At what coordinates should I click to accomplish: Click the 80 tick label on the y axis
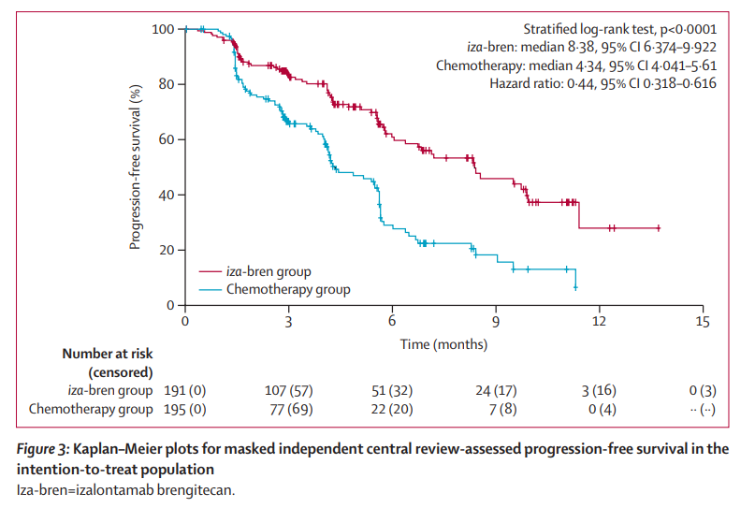point(166,84)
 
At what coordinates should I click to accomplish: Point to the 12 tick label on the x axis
point(600,322)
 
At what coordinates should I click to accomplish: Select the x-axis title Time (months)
point(443,343)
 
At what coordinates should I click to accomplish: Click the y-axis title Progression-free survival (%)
point(136,167)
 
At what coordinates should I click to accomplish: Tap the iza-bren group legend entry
point(269,271)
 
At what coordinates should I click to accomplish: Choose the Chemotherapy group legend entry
point(288,289)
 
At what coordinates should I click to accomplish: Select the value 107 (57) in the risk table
point(288,390)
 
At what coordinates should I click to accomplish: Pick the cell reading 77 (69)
point(288,409)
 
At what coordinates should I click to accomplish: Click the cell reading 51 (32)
point(392,390)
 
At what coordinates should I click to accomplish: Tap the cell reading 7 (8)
point(496,409)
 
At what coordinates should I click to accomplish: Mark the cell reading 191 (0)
point(185,390)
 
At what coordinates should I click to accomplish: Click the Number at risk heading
point(107,354)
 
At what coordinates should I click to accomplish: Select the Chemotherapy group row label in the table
point(91,409)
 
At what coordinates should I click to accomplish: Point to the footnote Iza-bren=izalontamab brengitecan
point(130,488)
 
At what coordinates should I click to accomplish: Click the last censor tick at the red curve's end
point(659,228)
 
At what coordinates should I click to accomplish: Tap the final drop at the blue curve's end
point(574,281)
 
